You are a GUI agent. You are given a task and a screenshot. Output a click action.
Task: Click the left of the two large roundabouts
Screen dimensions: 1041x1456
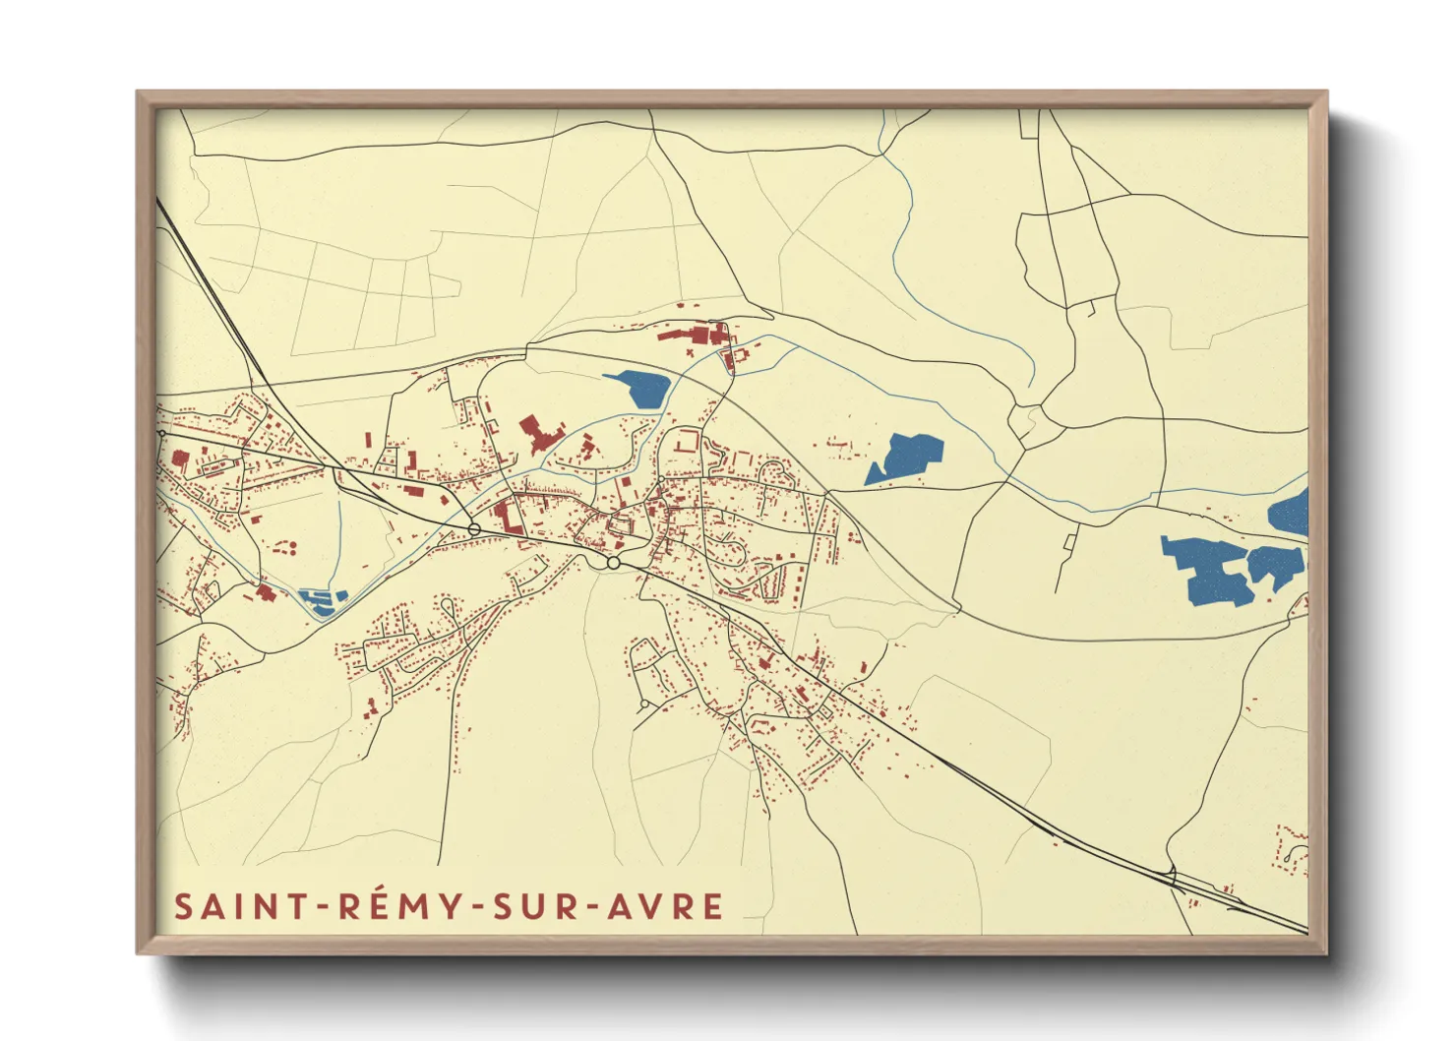474,529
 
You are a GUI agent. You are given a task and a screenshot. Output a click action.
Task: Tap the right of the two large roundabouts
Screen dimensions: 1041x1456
613,562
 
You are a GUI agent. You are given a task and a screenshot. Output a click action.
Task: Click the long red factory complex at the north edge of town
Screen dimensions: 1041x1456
694,334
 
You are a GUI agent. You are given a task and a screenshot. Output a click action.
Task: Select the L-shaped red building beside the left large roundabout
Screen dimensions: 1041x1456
508,515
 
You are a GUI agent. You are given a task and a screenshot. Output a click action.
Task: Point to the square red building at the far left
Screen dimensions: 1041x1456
180,458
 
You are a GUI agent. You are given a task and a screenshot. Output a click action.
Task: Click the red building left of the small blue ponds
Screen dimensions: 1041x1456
264,591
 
